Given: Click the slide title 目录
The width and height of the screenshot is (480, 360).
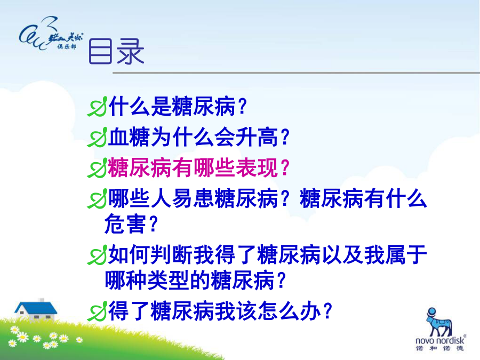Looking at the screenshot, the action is [x=116, y=51].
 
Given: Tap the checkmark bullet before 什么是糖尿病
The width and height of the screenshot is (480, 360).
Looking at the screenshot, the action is [x=98, y=107].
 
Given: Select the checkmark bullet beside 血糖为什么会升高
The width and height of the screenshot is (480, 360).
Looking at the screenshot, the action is [x=98, y=137].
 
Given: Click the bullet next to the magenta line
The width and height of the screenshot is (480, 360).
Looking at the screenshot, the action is [x=98, y=168].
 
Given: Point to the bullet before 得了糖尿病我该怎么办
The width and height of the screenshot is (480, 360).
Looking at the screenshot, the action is [x=98, y=311].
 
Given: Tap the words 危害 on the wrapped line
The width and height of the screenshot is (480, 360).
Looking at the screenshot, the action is [x=125, y=224].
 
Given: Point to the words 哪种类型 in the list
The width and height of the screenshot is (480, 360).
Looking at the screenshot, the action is [x=147, y=280].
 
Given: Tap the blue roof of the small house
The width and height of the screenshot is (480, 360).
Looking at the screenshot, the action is [x=36, y=308].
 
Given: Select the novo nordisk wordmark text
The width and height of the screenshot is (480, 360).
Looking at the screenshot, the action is [x=440, y=340].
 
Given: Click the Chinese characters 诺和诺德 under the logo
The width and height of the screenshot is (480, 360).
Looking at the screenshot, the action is [x=440, y=348].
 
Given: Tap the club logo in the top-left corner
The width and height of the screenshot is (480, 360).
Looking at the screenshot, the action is [x=51, y=34].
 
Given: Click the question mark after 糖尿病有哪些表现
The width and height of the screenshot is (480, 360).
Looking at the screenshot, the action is [x=285, y=168].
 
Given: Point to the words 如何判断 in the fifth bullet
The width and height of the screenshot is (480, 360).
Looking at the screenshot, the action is [x=150, y=255].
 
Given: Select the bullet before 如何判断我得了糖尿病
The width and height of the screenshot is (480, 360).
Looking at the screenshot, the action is [x=98, y=255].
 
